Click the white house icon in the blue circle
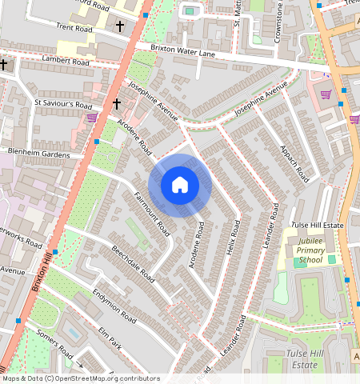tap(180, 186)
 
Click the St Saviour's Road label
tap(63, 104)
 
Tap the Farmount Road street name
tap(152, 214)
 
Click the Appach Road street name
tap(294, 162)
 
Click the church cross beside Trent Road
tap(120, 26)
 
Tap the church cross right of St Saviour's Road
tap(117, 103)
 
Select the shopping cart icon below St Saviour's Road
tap(92, 118)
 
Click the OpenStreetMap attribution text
tap(81, 378)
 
